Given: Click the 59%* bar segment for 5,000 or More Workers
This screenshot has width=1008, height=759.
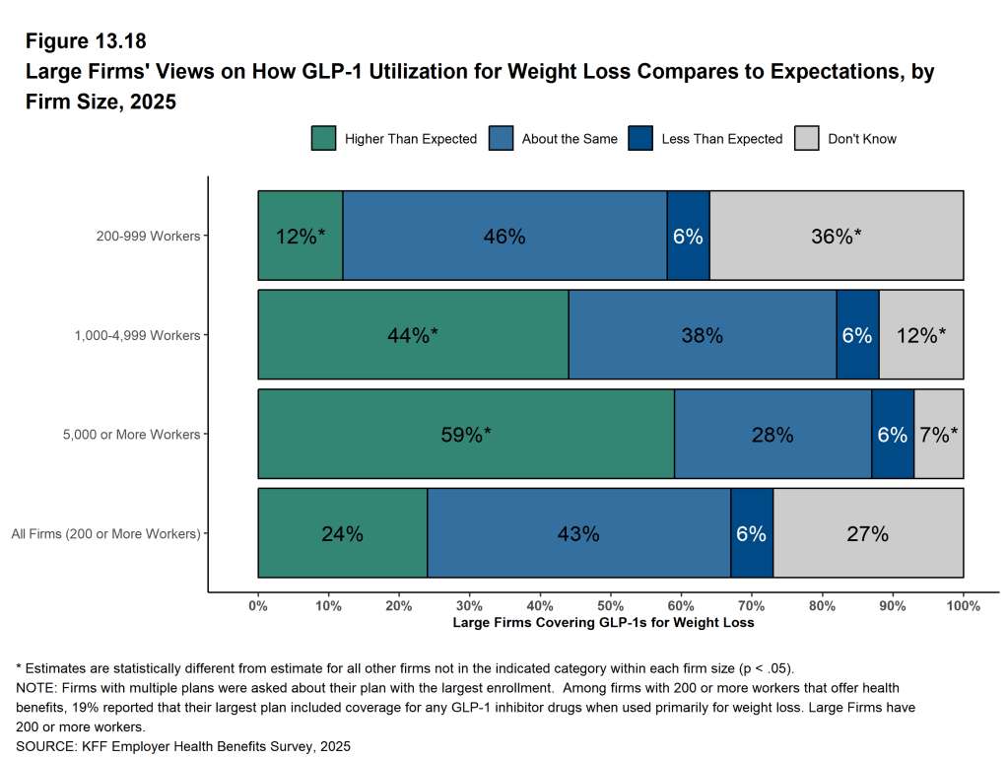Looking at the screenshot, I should click(x=466, y=434).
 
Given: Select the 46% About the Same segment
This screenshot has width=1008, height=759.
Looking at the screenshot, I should click(x=504, y=237).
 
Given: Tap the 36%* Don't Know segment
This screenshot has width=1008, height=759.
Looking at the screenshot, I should click(x=837, y=237).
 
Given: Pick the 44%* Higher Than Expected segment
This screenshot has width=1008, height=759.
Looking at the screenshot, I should click(x=413, y=335).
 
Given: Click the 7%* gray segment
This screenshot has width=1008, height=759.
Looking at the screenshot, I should click(x=939, y=434).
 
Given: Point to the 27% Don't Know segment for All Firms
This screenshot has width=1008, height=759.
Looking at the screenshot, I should click(x=868, y=533).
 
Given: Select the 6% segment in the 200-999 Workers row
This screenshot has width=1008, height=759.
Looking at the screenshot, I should click(x=688, y=237).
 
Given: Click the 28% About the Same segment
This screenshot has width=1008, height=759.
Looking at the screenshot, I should click(x=773, y=434).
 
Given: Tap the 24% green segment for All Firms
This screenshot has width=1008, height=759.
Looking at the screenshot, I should click(x=342, y=533).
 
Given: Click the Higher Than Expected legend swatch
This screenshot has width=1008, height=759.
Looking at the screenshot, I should click(x=323, y=139).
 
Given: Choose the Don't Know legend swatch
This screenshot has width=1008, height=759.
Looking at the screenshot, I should click(x=806, y=139).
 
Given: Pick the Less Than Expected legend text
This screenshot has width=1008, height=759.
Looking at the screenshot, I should click(x=721, y=139).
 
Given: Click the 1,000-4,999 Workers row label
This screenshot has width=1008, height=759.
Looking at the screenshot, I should click(x=137, y=335).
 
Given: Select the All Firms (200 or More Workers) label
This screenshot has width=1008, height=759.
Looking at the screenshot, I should click(x=105, y=533).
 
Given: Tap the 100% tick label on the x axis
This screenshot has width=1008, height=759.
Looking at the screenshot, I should click(x=964, y=605).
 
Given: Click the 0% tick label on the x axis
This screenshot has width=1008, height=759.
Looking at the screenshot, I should click(x=258, y=605).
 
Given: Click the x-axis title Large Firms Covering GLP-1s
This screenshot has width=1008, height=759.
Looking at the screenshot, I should click(x=603, y=623).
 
